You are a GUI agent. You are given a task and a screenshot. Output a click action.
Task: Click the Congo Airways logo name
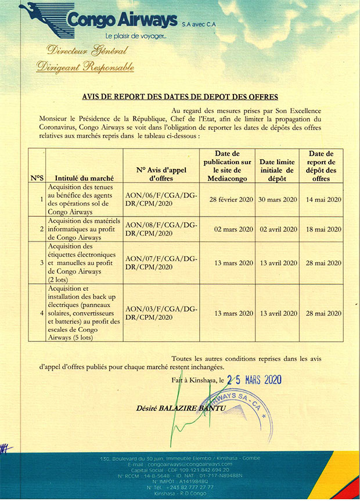122,21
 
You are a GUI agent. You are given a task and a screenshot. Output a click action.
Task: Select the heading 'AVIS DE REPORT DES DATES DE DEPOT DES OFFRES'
180,96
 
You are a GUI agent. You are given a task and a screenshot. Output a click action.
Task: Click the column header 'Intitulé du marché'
84,178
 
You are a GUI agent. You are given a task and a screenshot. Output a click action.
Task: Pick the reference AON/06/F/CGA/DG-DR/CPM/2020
161,199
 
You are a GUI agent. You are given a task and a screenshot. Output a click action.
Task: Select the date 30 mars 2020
278,199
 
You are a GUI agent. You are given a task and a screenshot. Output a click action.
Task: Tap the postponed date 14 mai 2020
322,199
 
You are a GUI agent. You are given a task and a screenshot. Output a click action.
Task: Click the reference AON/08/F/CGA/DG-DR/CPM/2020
161,229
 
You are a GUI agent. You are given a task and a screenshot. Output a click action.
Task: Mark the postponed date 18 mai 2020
322,229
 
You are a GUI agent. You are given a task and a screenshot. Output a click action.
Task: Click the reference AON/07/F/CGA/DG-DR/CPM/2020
161,263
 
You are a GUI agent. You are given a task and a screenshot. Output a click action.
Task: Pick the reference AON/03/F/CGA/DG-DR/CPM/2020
161,313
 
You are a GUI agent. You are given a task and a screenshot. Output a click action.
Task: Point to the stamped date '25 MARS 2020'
255,380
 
